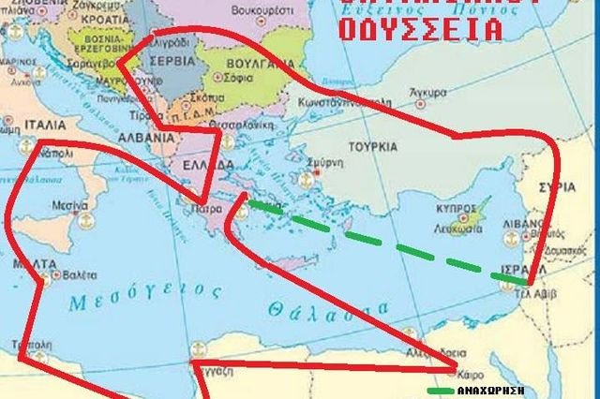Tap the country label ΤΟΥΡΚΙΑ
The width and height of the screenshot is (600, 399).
[373, 147]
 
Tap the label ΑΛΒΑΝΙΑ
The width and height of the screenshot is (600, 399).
[148, 136]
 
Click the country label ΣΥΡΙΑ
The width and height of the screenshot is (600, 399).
[563, 186]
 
